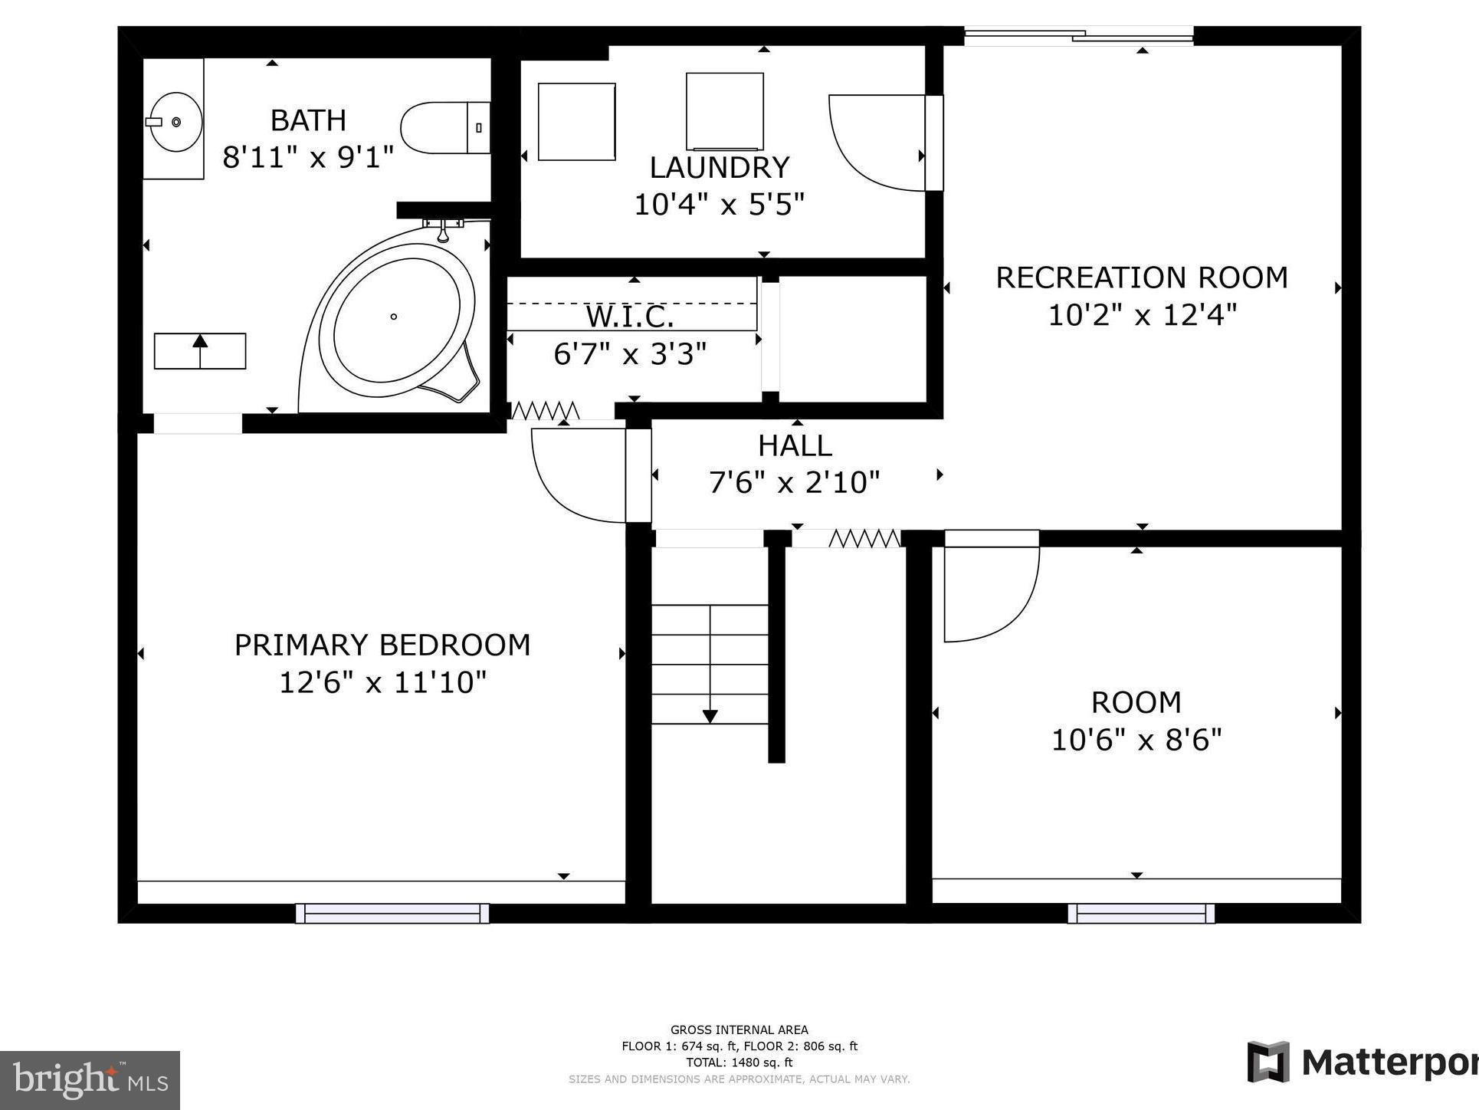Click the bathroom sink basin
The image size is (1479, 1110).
click(175, 122)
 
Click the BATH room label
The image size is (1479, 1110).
click(308, 120)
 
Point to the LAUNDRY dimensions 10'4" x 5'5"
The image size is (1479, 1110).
click(719, 205)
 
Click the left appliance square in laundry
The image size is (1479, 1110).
click(576, 122)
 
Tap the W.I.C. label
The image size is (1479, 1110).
click(630, 316)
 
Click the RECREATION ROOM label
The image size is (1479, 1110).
click(1141, 277)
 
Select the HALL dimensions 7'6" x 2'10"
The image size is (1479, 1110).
click(794, 482)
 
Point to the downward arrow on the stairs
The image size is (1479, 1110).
click(710, 716)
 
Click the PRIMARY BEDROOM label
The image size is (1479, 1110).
click(382, 645)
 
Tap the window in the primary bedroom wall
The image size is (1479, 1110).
click(392, 912)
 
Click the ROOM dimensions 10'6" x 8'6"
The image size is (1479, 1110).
click(1136, 740)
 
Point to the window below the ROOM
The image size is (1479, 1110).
click(1140, 912)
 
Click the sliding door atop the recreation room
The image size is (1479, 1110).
click(1078, 35)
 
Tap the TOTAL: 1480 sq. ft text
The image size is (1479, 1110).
click(739, 1062)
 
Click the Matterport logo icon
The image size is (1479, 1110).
click(1267, 1062)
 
